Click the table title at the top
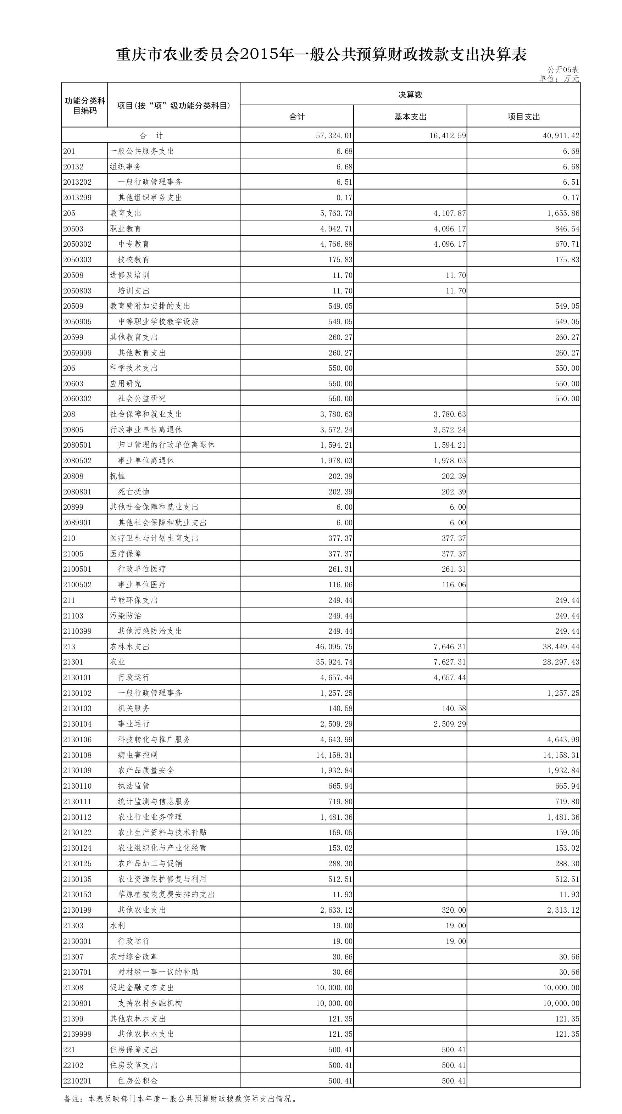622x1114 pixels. pyautogui.click(x=321, y=55)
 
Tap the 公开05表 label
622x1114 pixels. pyautogui.click(x=562, y=69)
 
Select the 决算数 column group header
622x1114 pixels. pyautogui.click(x=410, y=94)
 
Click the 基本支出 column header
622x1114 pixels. pyautogui.click(x=410, y=117)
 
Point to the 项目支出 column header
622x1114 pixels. pyautogui.click(x=523, y=117)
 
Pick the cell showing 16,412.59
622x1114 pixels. pyautogui.click(x=447, y=136)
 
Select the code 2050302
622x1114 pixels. pyautogui.click(x=77, y=244)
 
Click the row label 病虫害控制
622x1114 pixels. pyautogui.click(x=138, y=755)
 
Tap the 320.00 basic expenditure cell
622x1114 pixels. pyautogui.click(x=454, y=910)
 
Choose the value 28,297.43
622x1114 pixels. pyautogui.click(x=561, y=662)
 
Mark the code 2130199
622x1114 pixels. pyautogui.click(x=77, y=910)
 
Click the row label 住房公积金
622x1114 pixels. pyautogui.click(x=138, y=1081)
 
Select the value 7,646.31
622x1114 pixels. pyautogui.click(x=449, y=647)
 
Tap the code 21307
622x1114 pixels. pyautogui.click(x=73, y=957)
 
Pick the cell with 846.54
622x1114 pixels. pyautogui.click(x=567, y=229)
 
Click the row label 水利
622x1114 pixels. pyautogui.click(x=117, y=926)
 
